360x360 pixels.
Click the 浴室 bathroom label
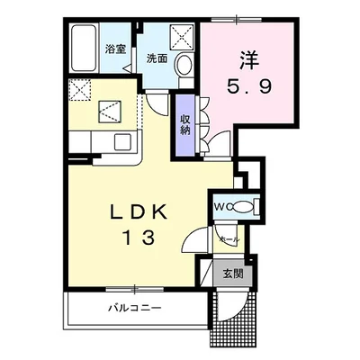click(x=115, y=49)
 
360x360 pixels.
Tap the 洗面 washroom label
click(x=157, y=58)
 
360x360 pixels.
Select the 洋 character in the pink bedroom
click(x=249, y=59)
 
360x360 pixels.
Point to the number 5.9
click(x=249, y=86)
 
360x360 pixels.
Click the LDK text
click(x=139, y=211)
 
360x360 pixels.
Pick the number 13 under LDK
click(x=139, y=238)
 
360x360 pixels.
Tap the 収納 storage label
click(x=185, y=124)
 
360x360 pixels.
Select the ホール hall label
click(x=229, y=239)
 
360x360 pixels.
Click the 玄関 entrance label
click(x=233, y=274)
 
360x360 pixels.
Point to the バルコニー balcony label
click(x=135, y=308)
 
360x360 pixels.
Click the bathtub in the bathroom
click(x=83, y=48)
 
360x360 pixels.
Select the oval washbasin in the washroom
click(x=184, y=65)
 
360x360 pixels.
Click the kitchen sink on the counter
click(x=122, y=141)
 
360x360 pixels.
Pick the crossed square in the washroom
click(x=181, y=37)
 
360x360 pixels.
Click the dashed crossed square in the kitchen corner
click(x=79, y=90)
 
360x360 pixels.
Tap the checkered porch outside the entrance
click(x=233, y=319)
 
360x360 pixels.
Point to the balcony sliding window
click(x=135, y=290)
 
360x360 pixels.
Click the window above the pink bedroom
click(x=236, y=20)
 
